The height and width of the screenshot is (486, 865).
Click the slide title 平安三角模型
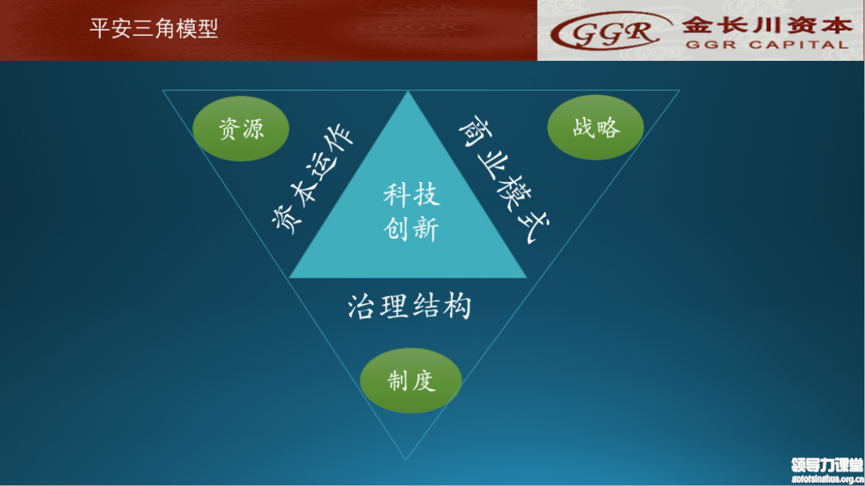click(154, 28)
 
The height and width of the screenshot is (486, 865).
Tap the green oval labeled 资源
click(241, 129)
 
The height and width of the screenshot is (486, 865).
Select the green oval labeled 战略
click(596, 127)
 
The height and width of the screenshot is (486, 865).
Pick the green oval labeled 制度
click(411, 380)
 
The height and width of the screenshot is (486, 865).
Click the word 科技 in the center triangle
click(412, 195)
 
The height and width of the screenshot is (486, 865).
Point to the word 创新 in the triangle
click(412, 228)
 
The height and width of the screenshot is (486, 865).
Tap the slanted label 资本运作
click(312, 178)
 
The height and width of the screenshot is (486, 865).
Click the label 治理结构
click(409, 307)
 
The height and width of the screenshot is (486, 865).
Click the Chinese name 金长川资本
click(767, 26)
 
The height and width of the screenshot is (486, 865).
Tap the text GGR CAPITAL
click(766, 45)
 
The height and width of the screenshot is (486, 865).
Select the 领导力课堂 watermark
click(827, 465)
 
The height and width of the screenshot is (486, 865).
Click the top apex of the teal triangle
click(408, 91)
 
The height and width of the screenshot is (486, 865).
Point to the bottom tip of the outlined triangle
click(405, 459)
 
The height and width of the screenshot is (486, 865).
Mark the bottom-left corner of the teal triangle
click(290, 278)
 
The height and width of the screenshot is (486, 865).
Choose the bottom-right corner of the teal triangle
click(527, 278)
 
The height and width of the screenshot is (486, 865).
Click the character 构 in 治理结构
click(457, 307)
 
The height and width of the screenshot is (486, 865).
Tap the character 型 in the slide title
click(208, 28)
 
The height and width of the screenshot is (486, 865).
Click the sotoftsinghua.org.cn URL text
click(827, 480)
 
